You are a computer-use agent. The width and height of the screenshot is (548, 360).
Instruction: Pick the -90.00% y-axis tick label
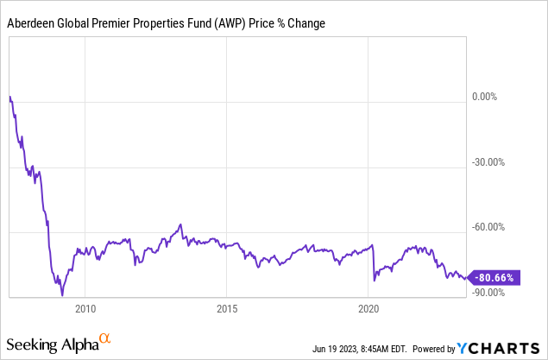(x=487, y=293)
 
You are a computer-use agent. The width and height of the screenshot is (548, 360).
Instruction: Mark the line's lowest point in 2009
(x=62, y=295)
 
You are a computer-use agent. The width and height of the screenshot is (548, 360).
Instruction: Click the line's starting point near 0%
(x=9, y=96)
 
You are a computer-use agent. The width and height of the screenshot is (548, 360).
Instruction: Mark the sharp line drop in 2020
(x=373, y=263)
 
